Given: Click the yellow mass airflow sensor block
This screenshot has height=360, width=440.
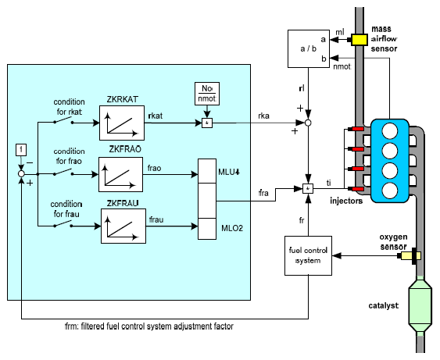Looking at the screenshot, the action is [360, 40].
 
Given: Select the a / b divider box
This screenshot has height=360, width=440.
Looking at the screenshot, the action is [309, 48].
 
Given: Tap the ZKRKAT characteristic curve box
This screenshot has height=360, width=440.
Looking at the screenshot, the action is [122, 123].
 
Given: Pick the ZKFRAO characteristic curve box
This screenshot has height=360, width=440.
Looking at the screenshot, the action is [120, 174].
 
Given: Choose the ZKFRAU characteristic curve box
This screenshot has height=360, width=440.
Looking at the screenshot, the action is [123, 226].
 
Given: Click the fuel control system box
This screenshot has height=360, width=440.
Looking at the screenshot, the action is [308, 255].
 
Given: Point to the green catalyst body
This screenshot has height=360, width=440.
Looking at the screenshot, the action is [420, 305].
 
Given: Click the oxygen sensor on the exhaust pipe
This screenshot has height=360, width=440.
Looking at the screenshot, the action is [410, 255].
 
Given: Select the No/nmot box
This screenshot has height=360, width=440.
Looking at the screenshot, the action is [207, 94].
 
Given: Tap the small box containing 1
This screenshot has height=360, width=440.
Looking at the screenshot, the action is [21, 150].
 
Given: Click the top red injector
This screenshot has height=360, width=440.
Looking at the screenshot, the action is [356, 129].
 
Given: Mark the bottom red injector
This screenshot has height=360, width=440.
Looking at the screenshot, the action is [356, 189].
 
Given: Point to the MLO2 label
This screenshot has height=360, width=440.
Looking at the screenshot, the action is [232, 228].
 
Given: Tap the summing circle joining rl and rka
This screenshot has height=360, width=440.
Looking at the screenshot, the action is [308, 123].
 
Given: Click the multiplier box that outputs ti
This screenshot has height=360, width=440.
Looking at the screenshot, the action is [308, 189].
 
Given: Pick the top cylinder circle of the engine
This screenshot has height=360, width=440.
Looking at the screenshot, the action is [390, 131].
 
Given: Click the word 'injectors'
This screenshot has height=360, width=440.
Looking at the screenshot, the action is [346, 201].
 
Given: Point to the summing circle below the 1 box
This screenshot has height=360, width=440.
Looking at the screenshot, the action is [21, 174].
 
